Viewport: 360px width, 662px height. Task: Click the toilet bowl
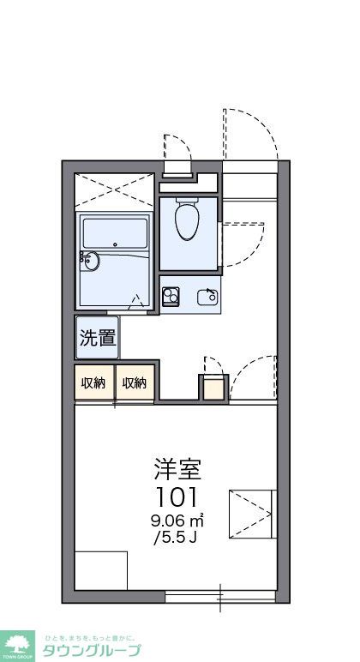click(x=187, y=219)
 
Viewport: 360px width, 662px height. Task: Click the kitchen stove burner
click(x=170, y=297)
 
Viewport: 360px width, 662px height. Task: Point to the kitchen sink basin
click(x=207, y=297)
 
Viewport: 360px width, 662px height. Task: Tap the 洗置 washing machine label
click(x=98, y=338)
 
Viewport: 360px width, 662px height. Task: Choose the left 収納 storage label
click(x=93, y=382)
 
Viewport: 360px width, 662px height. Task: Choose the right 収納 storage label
click(x=135, y=382)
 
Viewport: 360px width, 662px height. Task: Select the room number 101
click(x=177, y=496)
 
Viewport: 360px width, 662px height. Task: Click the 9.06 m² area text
click(x=178, y=520)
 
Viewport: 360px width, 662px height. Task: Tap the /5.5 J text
click(x=177, y=538)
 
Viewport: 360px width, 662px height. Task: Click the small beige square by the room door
click(x=213, y=388)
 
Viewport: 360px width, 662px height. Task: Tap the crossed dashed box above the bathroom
click(x=115, y=192)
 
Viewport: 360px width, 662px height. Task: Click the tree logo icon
click(x=17, y=643)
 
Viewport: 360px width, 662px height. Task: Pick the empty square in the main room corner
click(x=100, y=570)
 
